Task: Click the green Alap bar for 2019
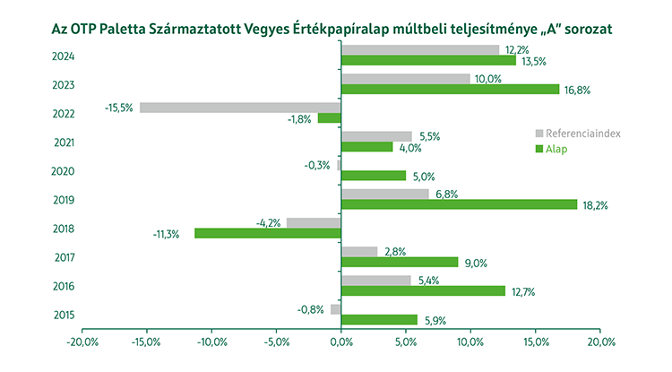tap(459, 204)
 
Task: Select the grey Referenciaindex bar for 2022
tap(240, 108)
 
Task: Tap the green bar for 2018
tap(268, 233)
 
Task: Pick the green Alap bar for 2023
tap(450, 90)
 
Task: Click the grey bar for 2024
tap(420, 50)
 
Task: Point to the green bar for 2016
tap(423, 290)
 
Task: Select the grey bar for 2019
tap(385, 194)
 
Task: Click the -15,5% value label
tap(118, 108)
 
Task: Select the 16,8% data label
tap(577, 90)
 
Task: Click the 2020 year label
tap(64, 170)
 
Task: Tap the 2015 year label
tap(64, 315)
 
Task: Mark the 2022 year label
tap(64, 113)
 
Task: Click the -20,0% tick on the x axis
tap(82, 342)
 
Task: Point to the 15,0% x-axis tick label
tap(536, 342)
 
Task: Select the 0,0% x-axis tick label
tap(341, 342)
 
